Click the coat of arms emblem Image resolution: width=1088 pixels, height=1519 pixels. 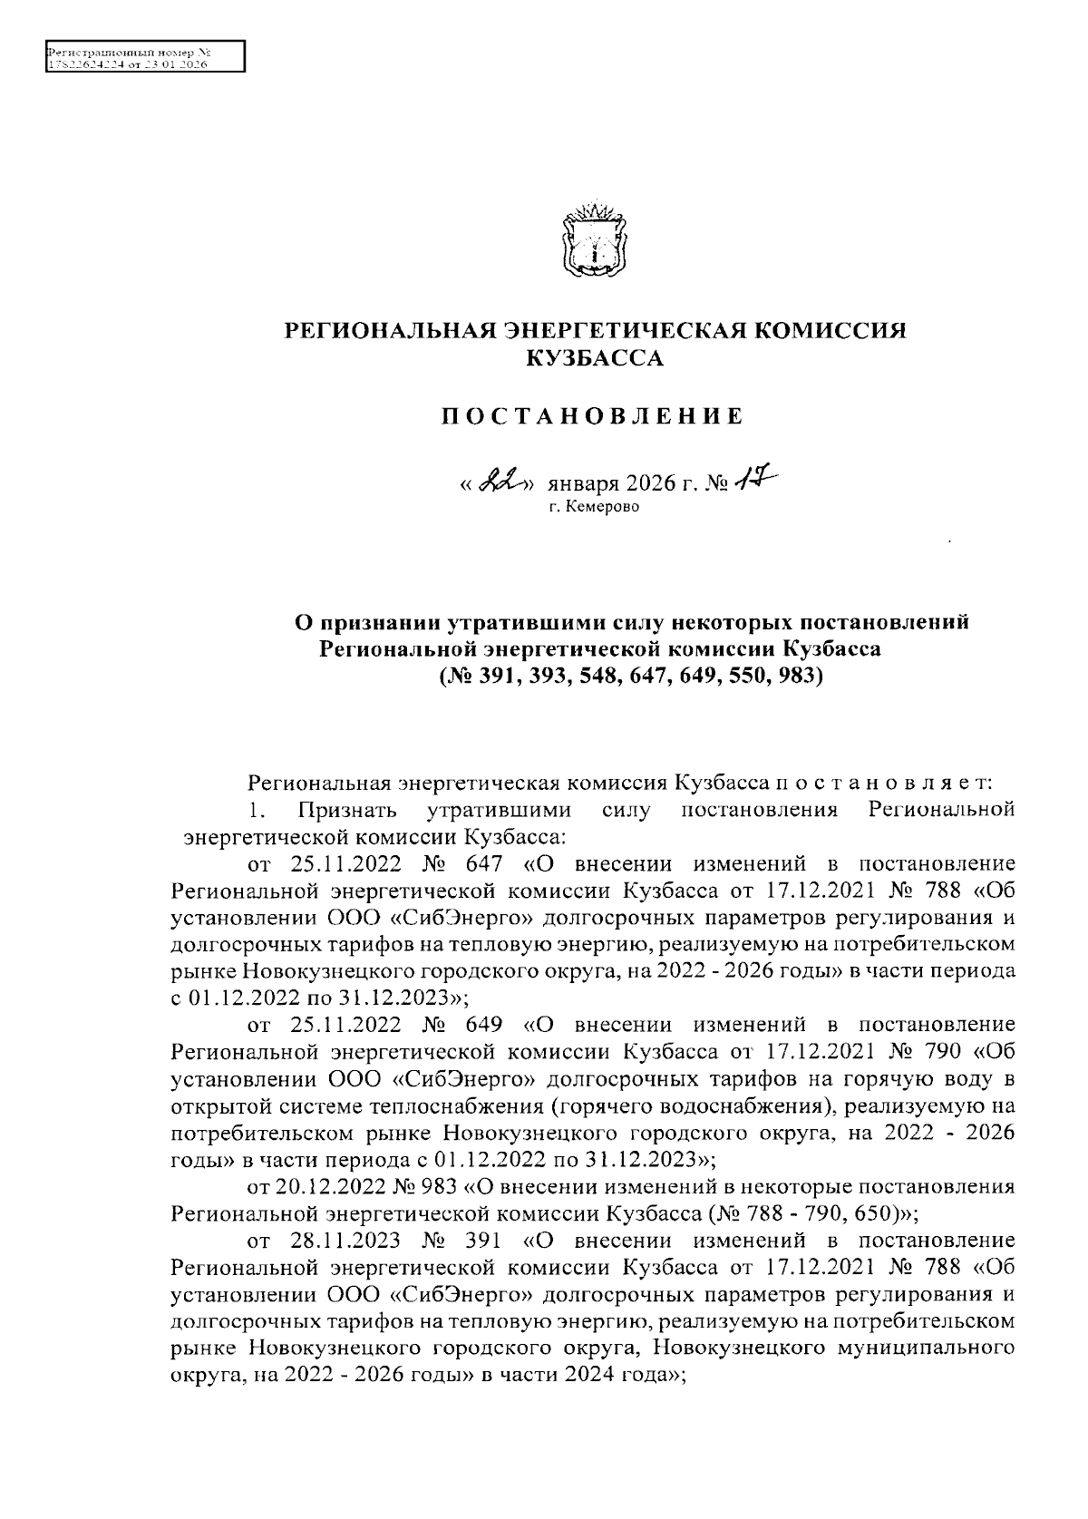[594, 239]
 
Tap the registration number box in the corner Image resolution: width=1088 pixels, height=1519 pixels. [144, 56]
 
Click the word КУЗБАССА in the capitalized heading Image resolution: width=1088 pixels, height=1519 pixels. [596, 360]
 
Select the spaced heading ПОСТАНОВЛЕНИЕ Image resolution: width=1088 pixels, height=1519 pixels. [592, 416]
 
